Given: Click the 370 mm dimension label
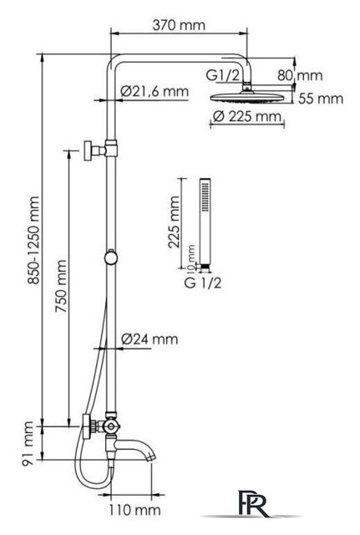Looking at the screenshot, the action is [x=179, y=25].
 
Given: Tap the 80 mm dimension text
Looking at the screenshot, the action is [x=300, y=75].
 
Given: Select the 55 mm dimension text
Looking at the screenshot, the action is [x=321, y=99].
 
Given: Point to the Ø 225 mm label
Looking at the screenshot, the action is [x=247, y=116].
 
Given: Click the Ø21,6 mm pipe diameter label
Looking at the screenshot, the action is [x=155, y=91].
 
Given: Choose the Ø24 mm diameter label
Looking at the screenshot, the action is [x=150, y=339].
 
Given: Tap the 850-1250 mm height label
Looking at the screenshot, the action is [x=33, y=240].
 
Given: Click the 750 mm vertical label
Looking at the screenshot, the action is [x=61, y=286].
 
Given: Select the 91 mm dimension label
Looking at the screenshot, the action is [x=28, y=444].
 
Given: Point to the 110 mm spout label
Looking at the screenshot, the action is [x=134, y=510].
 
